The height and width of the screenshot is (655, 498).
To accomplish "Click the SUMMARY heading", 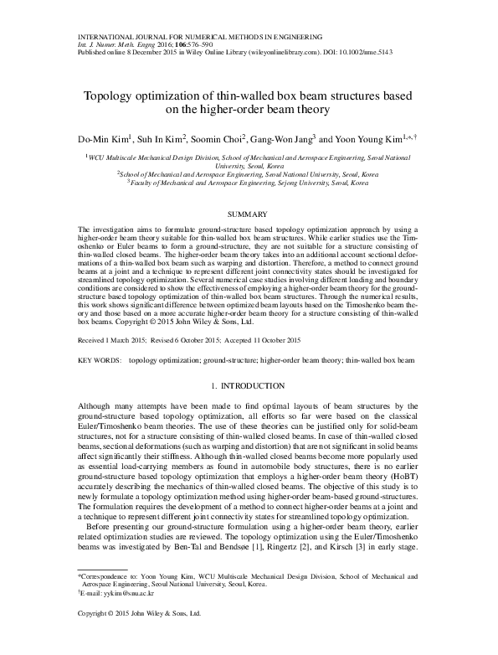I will (249, 214).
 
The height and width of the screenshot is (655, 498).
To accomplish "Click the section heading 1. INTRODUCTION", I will (249, 386).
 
